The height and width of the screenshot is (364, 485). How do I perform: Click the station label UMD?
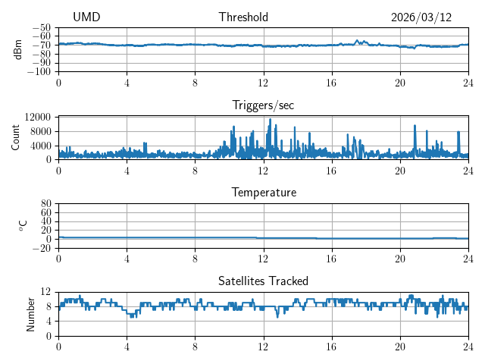click(86, 17)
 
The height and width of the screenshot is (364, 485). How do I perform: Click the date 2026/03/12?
click(421, 17)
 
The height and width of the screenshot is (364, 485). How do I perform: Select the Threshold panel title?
click(243, 17)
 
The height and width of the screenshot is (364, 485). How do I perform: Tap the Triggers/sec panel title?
click(263, 105)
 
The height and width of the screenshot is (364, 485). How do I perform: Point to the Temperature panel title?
click(263, 193)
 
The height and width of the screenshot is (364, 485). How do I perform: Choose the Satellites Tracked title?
click(263, 281)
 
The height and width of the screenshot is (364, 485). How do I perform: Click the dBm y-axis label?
click(17, 49)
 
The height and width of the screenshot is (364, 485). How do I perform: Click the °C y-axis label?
click(23, 225)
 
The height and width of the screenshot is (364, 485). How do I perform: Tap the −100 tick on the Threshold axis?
click(39, 71)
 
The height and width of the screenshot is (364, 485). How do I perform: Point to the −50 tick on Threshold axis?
click(41, 27)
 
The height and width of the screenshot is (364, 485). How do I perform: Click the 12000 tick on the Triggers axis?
click(37, 117)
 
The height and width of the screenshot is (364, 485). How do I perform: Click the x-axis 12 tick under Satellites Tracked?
click(263, 347)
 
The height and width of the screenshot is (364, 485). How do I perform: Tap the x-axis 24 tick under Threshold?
click(468, 83)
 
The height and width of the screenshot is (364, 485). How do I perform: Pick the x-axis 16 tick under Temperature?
click(331, 259)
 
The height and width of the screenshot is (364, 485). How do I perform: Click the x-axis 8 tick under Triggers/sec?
click(195, 171)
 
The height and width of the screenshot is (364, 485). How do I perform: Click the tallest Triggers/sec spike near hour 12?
click(270, 119)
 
